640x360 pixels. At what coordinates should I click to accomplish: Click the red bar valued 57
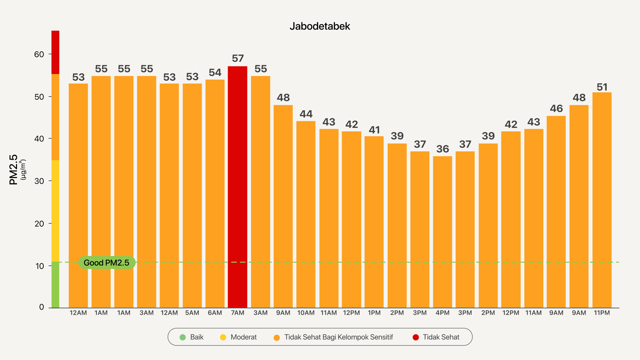pyautogui.click(x=237, y=187)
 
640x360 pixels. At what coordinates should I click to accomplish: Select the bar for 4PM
pyautogui.click(x=442, y=232)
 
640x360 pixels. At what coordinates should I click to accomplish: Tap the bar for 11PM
pyautogui.click(x=602, y=200)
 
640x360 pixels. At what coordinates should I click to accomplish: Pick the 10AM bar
pyautogui.click(x=306, y=214)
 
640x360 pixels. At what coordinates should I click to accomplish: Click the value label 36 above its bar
pyautogui.click(x=442, y=149)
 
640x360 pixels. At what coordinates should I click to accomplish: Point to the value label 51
pyautogui.click(x=602, y=87)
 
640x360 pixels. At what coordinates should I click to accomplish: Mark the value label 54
pyautogui.click(x=215, y=73)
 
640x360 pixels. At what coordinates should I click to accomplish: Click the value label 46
pyautogui.click(x=556, y=109)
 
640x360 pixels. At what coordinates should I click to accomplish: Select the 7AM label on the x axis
pyautogui.click(x=237, y=313)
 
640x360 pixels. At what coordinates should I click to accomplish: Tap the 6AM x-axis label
pyautogui.click(x=215, y=313)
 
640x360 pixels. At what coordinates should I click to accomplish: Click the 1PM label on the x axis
pyautogui.click(x=374, y=313)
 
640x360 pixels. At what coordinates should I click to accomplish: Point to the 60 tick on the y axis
pyautogui.click(x=39, y=54)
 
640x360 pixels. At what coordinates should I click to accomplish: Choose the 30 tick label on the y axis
pyautogui.click(x=39, y=181)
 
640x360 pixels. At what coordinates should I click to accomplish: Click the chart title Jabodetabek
pyautogui.click(x=320, y=26)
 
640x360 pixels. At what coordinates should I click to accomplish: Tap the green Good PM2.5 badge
pyautogui.click(x=107, y=263)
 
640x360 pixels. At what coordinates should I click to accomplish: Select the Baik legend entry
pyautogui.click(x=192, y=337)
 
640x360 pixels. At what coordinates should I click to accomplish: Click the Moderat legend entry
pyautogui.click(x=239, y=337)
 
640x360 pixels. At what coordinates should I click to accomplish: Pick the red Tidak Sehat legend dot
pyautogui.click(x=416, y=337)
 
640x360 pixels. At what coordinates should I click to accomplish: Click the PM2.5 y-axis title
pyautogui.click(x=13, y=169)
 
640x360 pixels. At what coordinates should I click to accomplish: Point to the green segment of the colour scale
pyautogui.click(x=55, y=285)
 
